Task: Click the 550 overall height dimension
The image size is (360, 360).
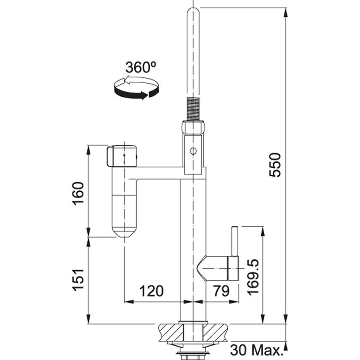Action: point(275,165)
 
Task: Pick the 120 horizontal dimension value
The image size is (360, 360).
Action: point(150,291)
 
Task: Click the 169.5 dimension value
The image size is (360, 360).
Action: point(254,278)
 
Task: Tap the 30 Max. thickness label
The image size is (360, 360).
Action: point(256,349)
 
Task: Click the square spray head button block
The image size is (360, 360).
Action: point(122,156)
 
